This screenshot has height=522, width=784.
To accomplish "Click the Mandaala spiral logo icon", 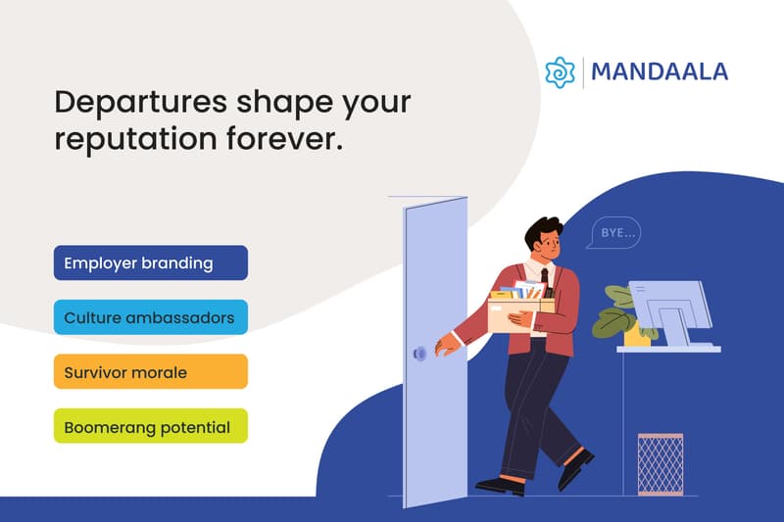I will [x=561, y=72].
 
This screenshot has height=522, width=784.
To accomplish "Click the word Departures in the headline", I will [x=130, y=102].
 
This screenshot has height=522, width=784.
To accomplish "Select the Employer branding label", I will [x=151, y=263].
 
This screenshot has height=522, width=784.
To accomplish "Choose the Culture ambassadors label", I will [x=151, y=317].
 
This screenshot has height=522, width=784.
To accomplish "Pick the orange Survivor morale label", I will [x=151, y=372].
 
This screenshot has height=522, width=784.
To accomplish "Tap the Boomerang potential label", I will [x=151, y=427].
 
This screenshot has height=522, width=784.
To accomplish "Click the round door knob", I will [x=419, y=353].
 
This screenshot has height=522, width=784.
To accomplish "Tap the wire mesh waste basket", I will [x=660, y=463].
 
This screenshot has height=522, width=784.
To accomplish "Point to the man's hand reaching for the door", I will [x=447, y=343].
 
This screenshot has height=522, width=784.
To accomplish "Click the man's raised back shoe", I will [x=576, y=468].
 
